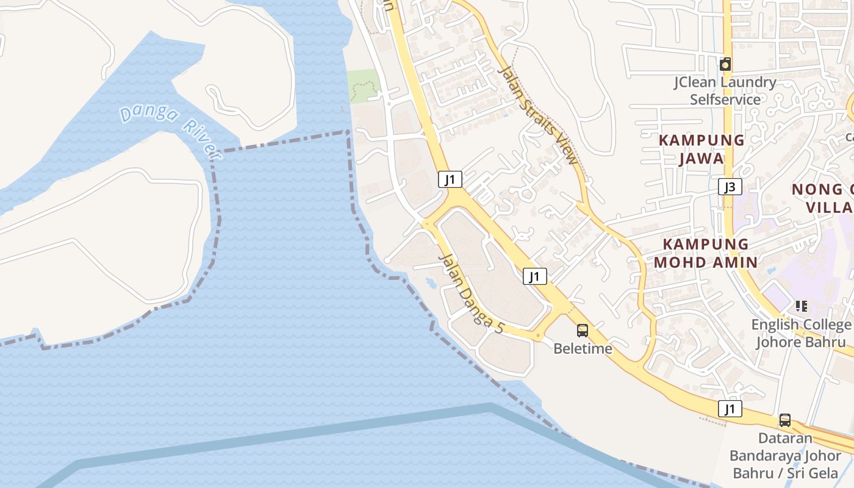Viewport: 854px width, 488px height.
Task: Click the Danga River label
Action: pyautogui.click(x=170, y=131)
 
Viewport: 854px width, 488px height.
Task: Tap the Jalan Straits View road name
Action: pyautogui.click(x=537, y=114)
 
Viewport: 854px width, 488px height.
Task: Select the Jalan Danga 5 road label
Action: pyautogui.click(x=471, y=293)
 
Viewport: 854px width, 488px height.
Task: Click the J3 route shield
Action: pyautogui.click(x=730, y=187)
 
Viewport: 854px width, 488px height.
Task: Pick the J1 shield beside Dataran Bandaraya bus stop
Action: pyautogui.click(x=730, y=409)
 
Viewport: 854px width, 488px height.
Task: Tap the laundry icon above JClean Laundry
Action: pyautogui.click(x=725, y=64)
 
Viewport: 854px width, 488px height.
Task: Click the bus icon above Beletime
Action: pyautogui.click(x=583, y=331)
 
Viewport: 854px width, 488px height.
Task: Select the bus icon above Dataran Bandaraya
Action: pyautogui.click(x=785, y=420)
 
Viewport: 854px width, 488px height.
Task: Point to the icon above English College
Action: pyautogui.click(x=802, y=306)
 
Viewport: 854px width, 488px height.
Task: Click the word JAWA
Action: pyautogui.click(x=701, y=159)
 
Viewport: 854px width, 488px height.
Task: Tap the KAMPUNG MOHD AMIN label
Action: pyautogui.click(x=706, y=253)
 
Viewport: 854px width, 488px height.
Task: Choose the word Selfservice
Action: pyautogui.click(x=725, y=99)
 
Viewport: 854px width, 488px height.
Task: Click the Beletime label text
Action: pyautogui.click(x=583, y=348)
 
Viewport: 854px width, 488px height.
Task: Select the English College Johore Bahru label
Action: pyautogui.click(x=801, y=333)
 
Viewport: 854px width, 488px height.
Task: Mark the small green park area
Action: pyautogui.click(x=364, y=85)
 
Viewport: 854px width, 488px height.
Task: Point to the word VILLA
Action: pyautogui.click(x=830, y=207)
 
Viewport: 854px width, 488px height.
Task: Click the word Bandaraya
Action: pyautogui.click(x=766, y=456)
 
